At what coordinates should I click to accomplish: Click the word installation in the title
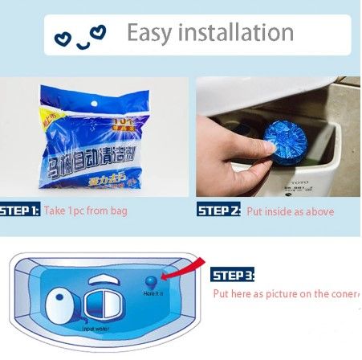[239, 33]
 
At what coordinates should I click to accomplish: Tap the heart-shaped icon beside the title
[96, 33]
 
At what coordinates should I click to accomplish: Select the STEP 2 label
[218, 211]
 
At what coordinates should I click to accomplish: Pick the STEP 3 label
[233, 276]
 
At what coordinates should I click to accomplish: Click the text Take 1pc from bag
[86, 211]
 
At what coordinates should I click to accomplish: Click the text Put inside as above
[288, 211]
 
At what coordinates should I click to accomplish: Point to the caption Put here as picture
[285, 294]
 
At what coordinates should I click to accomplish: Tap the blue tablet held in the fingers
[279, 137]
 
